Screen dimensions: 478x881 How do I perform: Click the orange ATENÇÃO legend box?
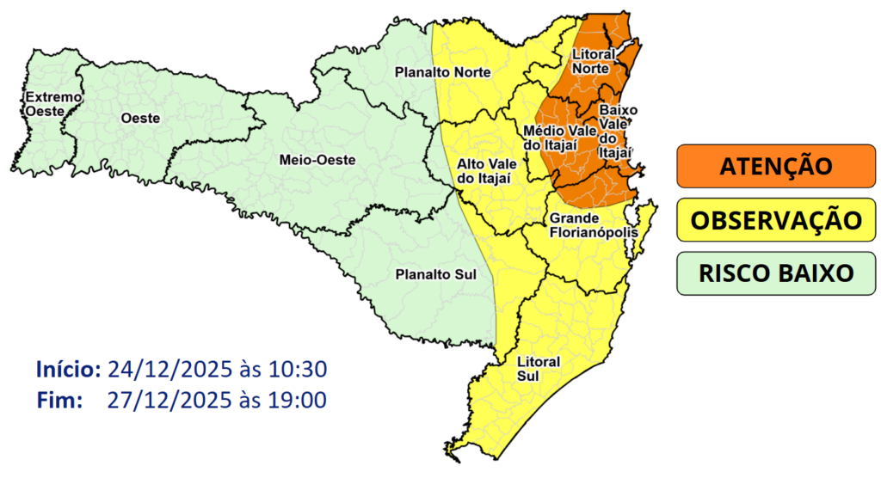pyautogui.click(x=776, y=166)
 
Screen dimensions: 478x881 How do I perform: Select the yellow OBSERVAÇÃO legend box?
pyautogui.click(x=776, y=219)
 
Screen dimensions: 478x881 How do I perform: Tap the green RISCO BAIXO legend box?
pyautogui.click(x=776, y=273)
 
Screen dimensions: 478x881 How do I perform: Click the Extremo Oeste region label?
pyautogui.click(x=53, y=104)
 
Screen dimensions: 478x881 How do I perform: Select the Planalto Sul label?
pyautogui.click(x=434, y=275)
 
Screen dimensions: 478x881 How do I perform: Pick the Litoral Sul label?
pyautogui.click(x=538, y=368)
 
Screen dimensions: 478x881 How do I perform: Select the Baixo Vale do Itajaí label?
pyautogui.click(x=617, y=131)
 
